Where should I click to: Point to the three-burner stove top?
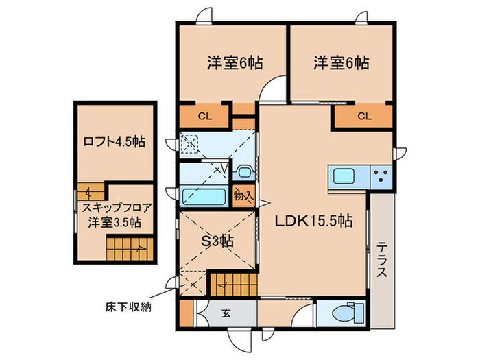pyautogui.click(x=381, y=177)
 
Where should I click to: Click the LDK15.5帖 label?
pyautogui.click(x=314, y=221)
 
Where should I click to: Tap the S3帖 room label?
pyautogui.click(x=217, y=241)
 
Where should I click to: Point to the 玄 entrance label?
pyautogui.click(x=226, y=314)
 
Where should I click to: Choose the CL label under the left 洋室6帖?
pyautogui.click(x=205, y=116)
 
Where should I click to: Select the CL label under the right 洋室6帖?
pyautogui.click(x=363, y=116)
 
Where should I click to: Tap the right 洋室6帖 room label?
pyautogui.click(x=341, y=63)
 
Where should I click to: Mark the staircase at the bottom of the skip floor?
pyautogui.click(x=127, y=245)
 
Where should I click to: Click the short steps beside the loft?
pyautogui.click(x=92, y=191)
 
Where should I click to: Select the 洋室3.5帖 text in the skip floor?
pyautogui.click(x=114, y=222)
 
